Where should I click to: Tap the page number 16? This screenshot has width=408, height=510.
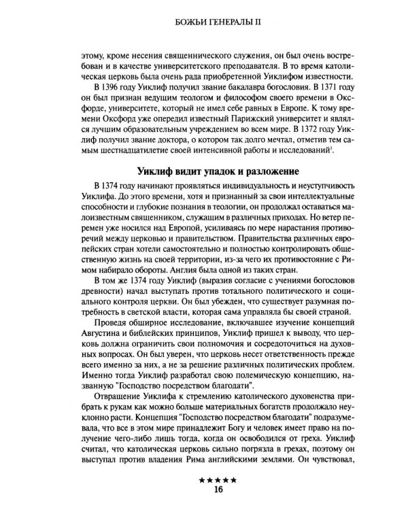click(x=218, y=488)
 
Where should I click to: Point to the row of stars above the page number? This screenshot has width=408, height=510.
click(x=218, y=480)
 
